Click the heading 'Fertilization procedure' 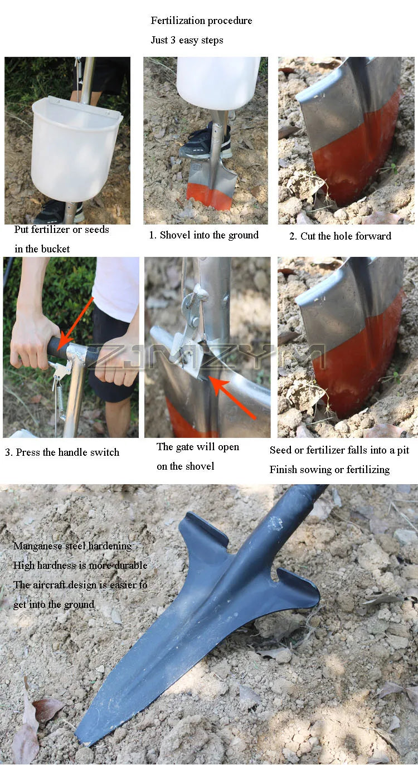(201, 21)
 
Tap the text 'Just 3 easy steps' (187, 40)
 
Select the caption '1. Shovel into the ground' (203, 235)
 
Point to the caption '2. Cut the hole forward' (340, 236)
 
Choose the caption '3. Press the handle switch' (62, 452)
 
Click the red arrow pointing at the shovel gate (232, 397)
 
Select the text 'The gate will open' (197, 447)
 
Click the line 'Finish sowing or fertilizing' (329, 470)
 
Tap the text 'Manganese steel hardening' (72, 546)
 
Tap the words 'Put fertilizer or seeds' (62, 230)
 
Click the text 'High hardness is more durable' (80, 566)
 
